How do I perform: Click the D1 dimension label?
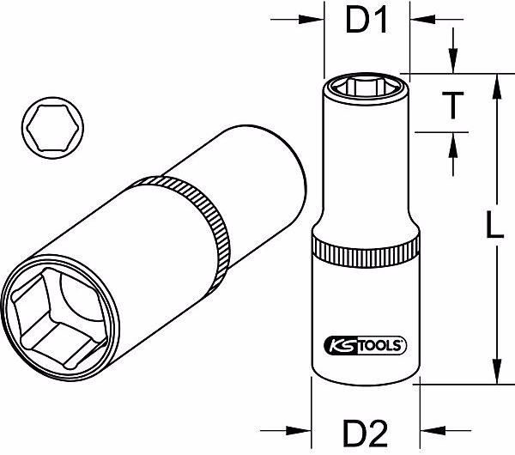click(x=367, y=21)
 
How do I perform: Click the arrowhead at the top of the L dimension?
click(x=495, y=82)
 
